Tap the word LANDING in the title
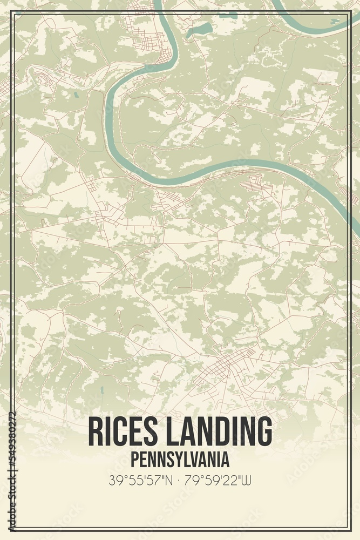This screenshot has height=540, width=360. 220,432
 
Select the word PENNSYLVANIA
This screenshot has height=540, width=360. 180,460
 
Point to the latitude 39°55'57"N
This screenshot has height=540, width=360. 140,479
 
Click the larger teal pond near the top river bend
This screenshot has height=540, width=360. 199,29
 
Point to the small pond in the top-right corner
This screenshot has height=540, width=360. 335,21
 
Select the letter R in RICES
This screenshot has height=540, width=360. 95,432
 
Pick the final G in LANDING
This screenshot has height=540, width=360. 263,432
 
